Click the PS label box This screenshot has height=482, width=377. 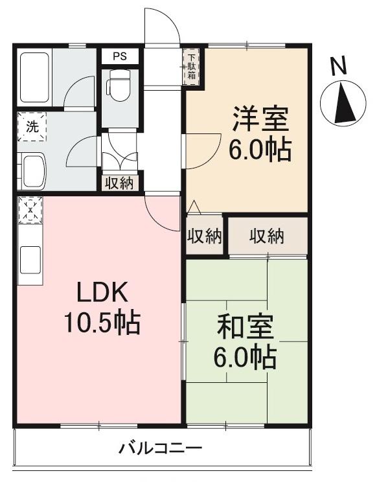(x=120, y=56)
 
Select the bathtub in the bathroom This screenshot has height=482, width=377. (x=34, y=72)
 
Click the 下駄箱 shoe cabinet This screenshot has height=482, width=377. (x=193, y=66)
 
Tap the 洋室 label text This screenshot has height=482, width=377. (x=259, y=120)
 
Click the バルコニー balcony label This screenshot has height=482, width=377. (x=161, y=448)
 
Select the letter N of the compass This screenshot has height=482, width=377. (x=337, y=65)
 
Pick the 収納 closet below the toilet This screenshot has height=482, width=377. (x=120, y=183)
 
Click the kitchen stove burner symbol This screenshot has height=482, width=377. (x=29, y=210)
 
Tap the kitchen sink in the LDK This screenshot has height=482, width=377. (x=30, y=260)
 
